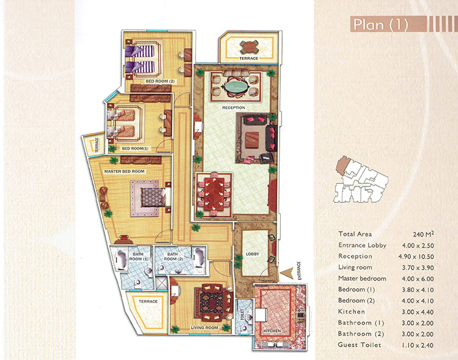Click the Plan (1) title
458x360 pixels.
tap(380, 24)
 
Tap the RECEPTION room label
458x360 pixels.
tap(234, 108)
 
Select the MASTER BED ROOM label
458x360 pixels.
tap(124, 171)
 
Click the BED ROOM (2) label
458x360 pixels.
tap(160, 81)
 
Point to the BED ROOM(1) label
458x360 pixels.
tap(135, 149)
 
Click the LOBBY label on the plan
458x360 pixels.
tap(252, 254)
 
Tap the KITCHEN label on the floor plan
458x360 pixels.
tap(272, 331)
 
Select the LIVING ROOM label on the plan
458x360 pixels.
tap(205, 328)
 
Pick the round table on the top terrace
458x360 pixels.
tap(249, 46)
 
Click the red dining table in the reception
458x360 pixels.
tap(214, 194)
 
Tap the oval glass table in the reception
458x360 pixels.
tap(236, 86)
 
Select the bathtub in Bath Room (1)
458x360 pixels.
tap(120, 259)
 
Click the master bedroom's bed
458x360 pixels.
tap(153, 197)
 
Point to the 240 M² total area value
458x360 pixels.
tap(423, 234)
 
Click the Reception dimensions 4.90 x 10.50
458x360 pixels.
tap(416, 257)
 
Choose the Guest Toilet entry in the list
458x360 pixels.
tap(360, 345)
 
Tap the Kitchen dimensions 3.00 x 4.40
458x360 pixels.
tap(418, 312)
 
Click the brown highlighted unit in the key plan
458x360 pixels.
tap(343, 166)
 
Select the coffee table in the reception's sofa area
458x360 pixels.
tap(252, 140)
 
